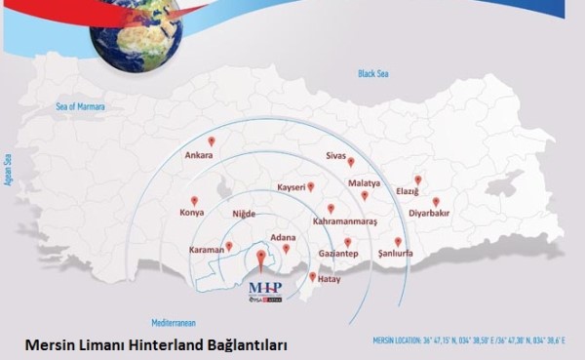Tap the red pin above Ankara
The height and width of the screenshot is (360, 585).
212,141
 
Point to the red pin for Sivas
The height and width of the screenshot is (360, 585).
350,162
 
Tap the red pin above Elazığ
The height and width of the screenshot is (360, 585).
417,180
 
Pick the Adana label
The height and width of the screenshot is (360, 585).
283,236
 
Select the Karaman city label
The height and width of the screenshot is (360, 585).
208,250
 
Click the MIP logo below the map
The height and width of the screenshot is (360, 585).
266,290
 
